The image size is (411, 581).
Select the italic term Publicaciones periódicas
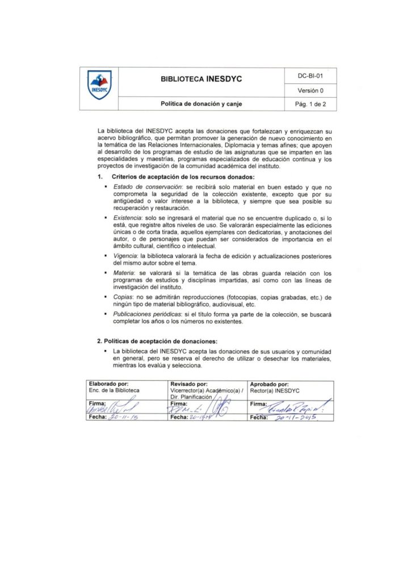[145, 313]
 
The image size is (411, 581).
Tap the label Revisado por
[189, 384]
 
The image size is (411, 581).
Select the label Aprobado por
[269, 384]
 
